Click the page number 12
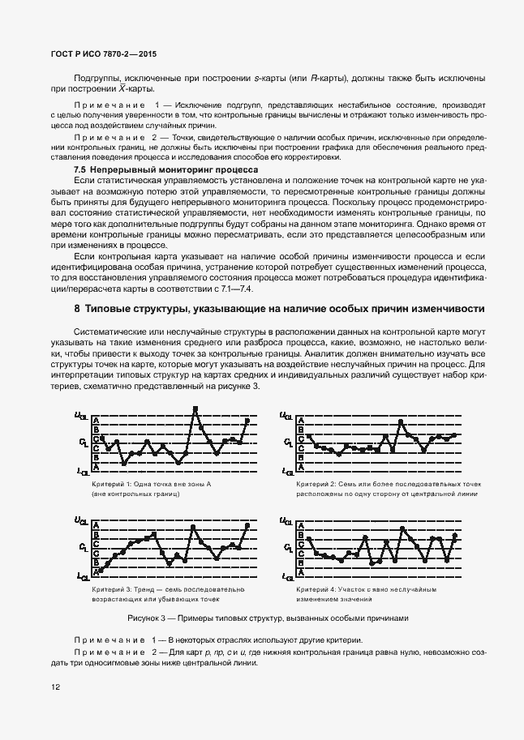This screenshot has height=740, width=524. pos(56,687)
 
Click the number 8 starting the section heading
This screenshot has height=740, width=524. pos(76,286)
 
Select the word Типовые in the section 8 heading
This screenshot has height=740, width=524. pos(110,286)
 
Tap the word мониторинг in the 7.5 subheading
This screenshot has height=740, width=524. pos(183,171)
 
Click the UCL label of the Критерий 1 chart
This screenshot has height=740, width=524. pos(82,417)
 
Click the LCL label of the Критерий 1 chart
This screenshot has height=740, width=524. pos(83,471)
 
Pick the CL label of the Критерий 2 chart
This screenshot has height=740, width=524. pos(288,443)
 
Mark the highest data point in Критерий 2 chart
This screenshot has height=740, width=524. pos(401,420)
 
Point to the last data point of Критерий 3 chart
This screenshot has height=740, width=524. pos(247,525)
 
